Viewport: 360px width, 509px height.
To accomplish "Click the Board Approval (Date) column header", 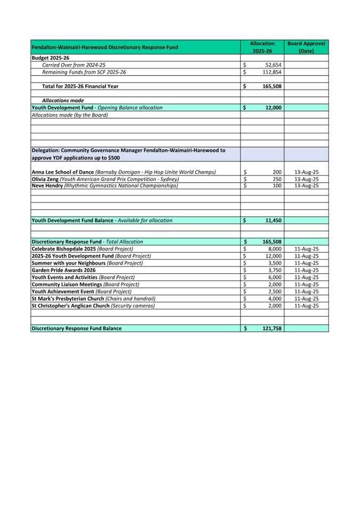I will (306, 47).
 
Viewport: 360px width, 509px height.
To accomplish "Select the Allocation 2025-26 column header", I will (262, 47).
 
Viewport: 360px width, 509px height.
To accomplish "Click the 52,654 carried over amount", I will (273, 64).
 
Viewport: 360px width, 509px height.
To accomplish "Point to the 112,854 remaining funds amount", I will (271, 72).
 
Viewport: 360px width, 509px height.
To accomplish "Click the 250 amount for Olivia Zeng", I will (276, 179).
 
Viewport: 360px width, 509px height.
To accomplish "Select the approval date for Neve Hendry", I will (306, 185).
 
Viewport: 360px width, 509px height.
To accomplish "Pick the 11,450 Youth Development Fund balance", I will (272, 220).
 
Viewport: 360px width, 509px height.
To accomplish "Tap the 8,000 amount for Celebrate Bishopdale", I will (274, 249).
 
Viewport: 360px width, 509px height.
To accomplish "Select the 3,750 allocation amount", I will (274, 270).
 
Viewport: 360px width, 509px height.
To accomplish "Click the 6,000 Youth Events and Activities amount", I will (274, 277).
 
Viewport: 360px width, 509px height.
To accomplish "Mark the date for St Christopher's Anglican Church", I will (306, 306).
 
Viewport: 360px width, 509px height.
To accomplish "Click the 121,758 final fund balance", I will (271, 328).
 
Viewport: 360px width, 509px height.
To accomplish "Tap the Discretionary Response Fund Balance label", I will (76, 328).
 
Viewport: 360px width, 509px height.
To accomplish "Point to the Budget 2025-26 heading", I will (51, 58).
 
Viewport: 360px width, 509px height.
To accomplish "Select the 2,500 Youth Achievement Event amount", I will (274, 292).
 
